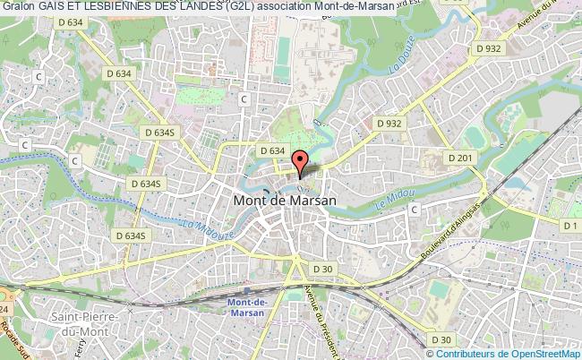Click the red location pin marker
coord(301,162)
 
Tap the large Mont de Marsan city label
coord(285,201)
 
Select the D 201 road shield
coord(459,159)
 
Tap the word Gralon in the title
coord(18,7)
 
